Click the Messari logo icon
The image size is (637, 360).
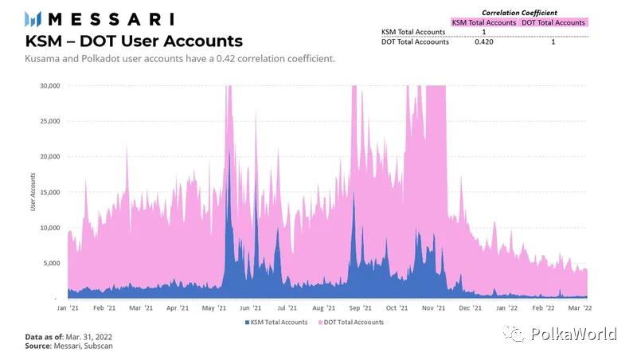tap(34, 19)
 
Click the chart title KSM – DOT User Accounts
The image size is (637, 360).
tap(134, 41)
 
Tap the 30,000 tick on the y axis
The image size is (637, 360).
tap(49, 86)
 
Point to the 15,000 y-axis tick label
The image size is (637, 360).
tap(49, 192)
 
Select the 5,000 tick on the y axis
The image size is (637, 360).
tap(51, 263)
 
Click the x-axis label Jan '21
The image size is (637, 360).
tap(68, 307)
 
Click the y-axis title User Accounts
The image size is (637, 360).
tap(33, 192)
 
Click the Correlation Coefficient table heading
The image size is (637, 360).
tap(520, 13)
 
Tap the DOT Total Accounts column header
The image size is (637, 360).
tap(553, 22)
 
